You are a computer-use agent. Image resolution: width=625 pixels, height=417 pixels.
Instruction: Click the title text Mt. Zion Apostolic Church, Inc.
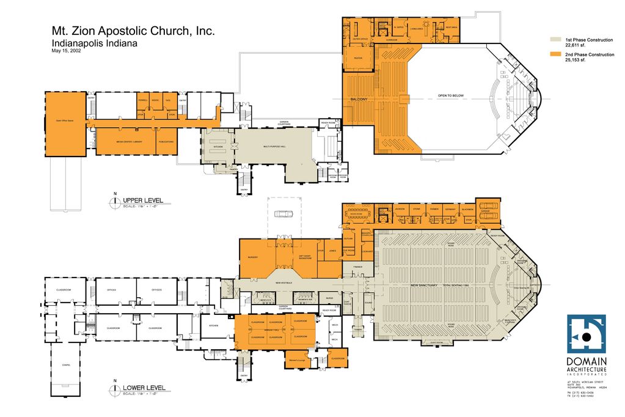click(132, 32)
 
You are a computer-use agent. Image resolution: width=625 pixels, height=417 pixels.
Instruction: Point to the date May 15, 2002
click(66, 51)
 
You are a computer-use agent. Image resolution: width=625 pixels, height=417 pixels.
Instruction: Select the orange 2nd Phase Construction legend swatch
click(555, 54)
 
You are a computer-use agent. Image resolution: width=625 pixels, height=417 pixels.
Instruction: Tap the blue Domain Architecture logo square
click(586, 334)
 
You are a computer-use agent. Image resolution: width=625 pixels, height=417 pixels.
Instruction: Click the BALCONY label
click(359, 99)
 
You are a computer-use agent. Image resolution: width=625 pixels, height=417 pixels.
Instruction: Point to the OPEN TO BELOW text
click(451, 96)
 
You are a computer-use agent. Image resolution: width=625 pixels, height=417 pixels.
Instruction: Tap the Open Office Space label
click(64, 121)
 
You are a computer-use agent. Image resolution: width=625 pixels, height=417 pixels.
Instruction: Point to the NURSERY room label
click(253, 257)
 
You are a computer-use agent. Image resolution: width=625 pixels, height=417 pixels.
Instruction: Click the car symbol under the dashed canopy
click(284, 213)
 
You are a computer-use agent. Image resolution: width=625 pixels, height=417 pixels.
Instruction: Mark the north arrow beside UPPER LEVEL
click(113, 201)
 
